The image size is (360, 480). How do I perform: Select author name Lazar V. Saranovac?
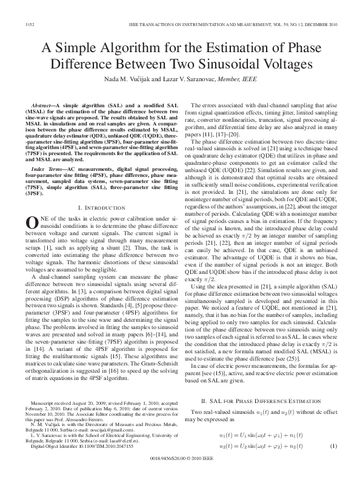pos(201,79)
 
